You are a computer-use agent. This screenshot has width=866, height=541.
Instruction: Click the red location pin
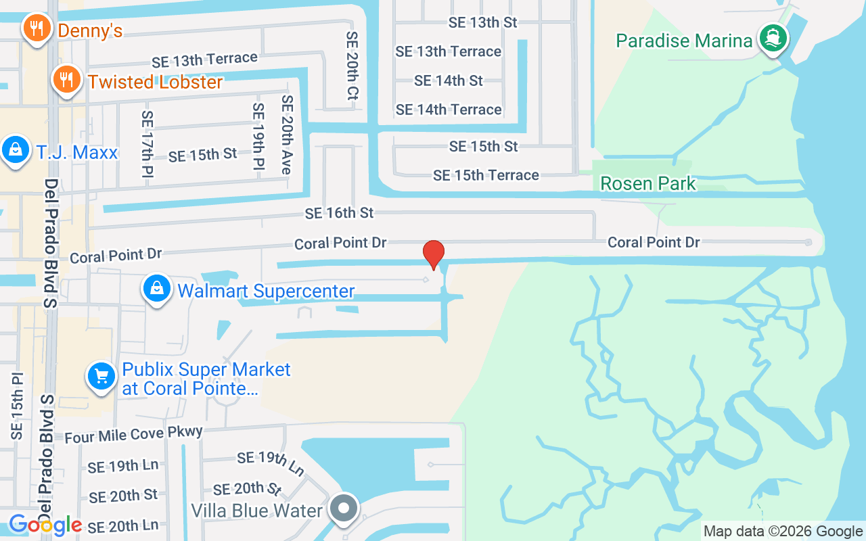(433, 254)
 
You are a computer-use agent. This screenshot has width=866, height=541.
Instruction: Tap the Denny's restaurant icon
(34, 28)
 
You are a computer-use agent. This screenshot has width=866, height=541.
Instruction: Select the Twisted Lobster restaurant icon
(66, 80)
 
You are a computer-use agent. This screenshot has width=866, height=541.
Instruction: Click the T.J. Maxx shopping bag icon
(15, 149)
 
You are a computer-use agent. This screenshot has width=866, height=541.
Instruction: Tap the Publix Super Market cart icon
(101, 375)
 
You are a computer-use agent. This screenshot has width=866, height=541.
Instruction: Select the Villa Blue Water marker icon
(344, 507)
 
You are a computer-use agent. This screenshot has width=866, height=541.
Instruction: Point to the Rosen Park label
(647, 183)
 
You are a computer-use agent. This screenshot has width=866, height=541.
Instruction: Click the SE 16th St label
(339, 213)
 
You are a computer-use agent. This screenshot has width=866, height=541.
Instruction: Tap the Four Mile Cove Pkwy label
(133, 433)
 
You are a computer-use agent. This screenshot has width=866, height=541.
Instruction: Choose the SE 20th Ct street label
(351, 66)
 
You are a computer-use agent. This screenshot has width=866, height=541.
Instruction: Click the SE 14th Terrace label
(449, 110)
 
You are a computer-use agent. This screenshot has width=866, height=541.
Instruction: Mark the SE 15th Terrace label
(486, 175)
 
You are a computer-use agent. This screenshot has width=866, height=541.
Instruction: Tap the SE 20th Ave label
(287, 135)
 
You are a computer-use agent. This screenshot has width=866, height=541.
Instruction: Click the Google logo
(45, 524)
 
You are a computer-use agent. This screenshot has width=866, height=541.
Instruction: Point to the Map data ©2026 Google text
(782, 532)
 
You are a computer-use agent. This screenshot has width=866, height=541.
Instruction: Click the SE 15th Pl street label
(18, 406)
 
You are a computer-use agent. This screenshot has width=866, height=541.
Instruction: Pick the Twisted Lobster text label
(155, 83)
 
